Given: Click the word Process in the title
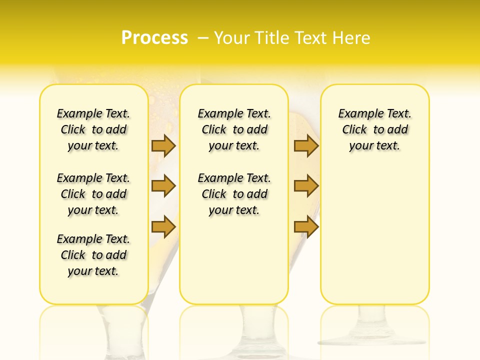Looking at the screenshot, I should pos(154,38).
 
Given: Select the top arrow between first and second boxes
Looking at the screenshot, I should pos(163,145).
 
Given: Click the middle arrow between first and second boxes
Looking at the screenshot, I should pos(163,186).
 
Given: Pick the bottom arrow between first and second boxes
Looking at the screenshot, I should pos(163,226).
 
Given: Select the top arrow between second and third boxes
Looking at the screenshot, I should pos(306,145).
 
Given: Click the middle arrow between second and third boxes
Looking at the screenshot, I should pos(306,186).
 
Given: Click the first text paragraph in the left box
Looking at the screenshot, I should pos(93,129).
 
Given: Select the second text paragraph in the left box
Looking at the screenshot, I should pos(93,194).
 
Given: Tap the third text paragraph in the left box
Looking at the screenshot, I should pos(93,255).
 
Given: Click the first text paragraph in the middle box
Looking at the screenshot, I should pos(234,129).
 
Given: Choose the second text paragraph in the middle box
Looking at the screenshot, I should pos(234,194).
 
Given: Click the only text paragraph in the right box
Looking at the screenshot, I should pos(374,129).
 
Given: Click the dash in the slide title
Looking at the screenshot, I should pos(203,38).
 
